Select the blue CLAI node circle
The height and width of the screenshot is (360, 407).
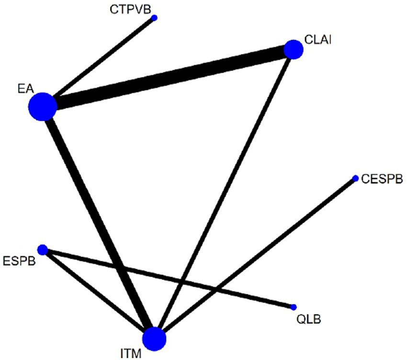point(294,49)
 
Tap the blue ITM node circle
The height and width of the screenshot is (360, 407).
point(154,338)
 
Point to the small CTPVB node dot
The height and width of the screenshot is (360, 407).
point(154,18)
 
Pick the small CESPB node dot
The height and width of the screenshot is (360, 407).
point(355,179)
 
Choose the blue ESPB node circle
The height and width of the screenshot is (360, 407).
point(43,249)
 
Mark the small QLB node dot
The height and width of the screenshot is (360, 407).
point(294,307)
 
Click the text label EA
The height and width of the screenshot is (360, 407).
point(23,87)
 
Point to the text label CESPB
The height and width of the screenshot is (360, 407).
point(382,180)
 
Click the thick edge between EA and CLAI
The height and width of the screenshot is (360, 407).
point(168,78)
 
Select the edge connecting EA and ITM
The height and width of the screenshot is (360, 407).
point(98,223)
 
